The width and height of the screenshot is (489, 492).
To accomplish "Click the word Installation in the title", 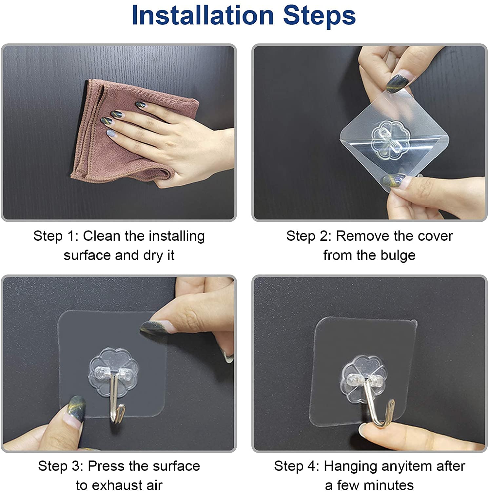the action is (203, 15).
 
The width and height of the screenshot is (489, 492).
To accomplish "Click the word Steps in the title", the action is (320, 15).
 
